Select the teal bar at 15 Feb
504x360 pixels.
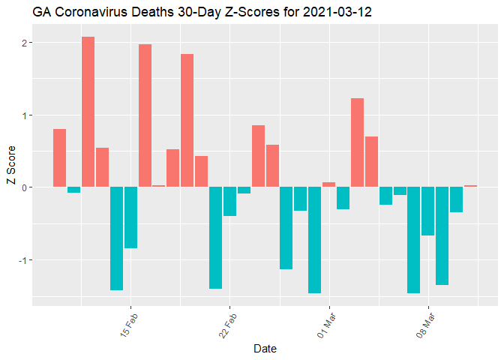[130, 217]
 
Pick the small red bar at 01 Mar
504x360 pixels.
[328, 184]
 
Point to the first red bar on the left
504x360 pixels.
[59, 158]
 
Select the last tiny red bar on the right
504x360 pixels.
[470, 186]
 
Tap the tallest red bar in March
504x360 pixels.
[357, 142]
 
